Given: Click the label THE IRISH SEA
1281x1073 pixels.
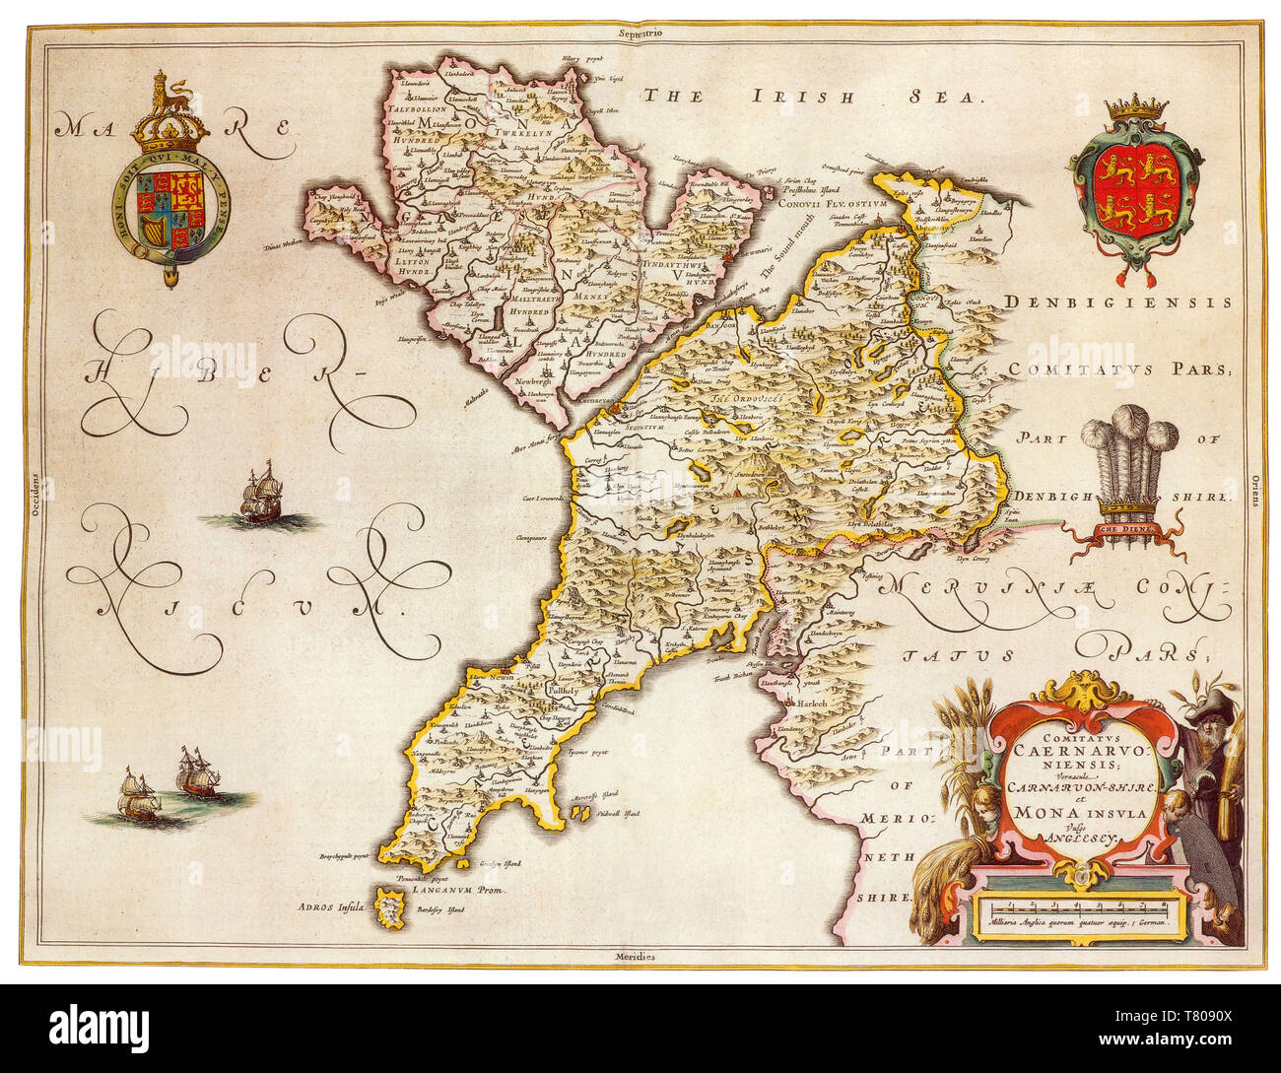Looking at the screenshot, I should [813, 96].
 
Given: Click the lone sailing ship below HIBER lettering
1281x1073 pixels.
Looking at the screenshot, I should [258, 496].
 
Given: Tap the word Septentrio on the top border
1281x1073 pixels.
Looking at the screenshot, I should [639, 34].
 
